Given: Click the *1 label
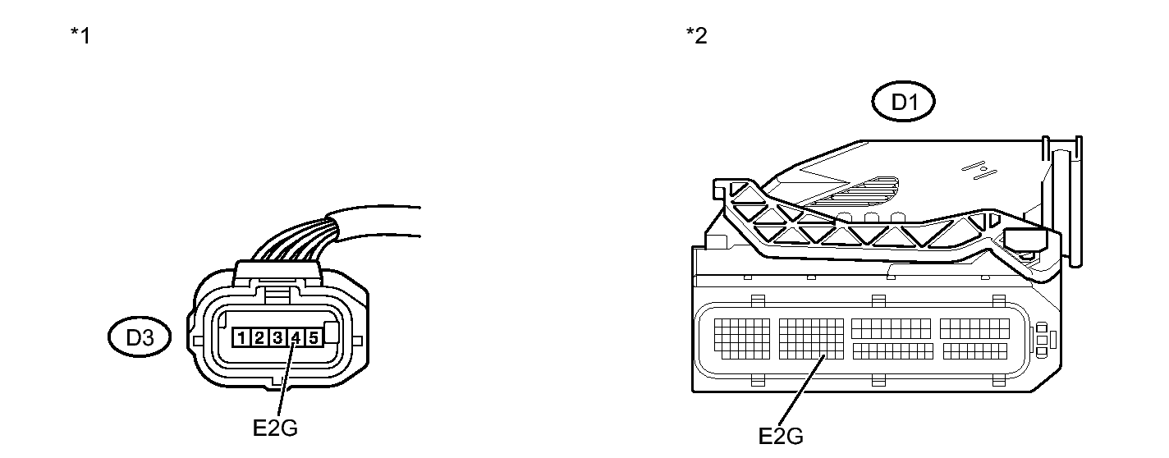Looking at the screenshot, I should [80, 37].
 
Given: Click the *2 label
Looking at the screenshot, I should [696, 37].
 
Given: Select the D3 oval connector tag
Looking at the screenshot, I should [140, 337].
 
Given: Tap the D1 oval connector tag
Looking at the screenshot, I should [903, 103].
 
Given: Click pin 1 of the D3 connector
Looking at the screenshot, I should [242, 337].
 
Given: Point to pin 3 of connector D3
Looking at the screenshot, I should [277, 337].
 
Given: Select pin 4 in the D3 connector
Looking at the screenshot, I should [296, 337].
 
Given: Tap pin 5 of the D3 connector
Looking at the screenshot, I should [313, 337].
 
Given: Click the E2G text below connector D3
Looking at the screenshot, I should [275, 428].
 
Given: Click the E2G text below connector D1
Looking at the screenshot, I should [780, 436].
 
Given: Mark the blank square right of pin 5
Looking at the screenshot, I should [332, 333].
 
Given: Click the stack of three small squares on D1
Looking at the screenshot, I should [1041, 339].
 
